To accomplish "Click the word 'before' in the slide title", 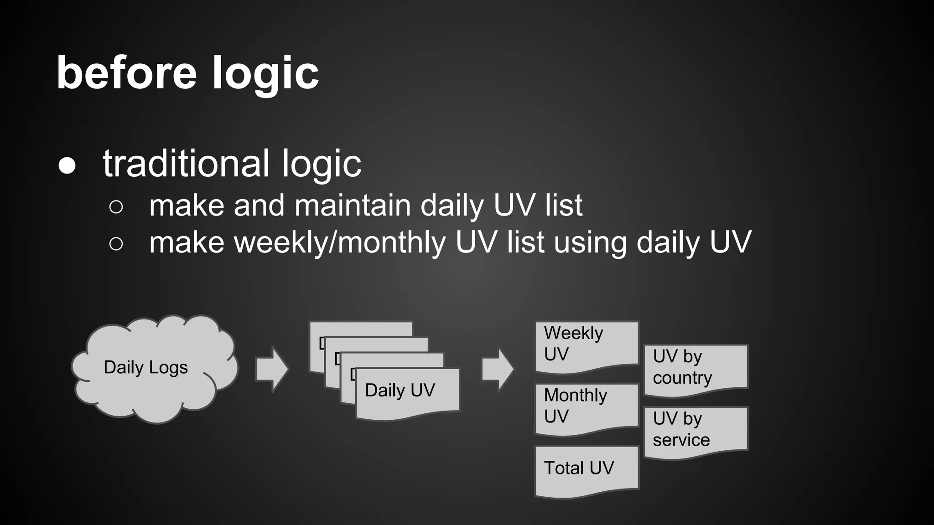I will [126, 73].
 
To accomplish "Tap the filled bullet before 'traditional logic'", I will [67, 166].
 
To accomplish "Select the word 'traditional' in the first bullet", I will [186, 163].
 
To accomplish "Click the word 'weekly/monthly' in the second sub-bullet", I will [340, 243].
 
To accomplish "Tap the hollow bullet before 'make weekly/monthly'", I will [116, 244].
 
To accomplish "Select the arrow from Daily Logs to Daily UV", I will [272, 369].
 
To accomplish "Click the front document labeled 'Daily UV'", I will [407, 393].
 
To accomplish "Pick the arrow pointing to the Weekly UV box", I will [498, 369].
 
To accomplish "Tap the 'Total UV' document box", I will [586, 469].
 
